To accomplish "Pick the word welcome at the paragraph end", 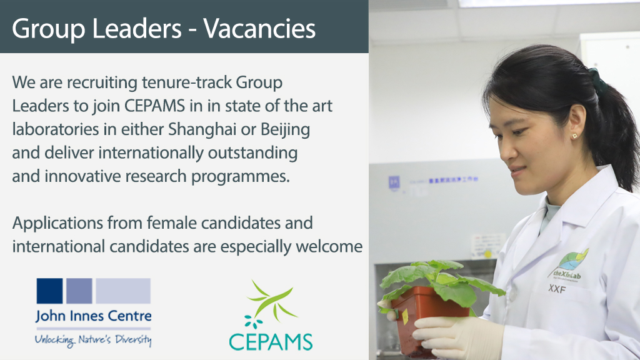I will [331, 246].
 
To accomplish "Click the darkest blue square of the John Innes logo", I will [49, 291].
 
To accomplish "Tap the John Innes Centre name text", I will [93, 316].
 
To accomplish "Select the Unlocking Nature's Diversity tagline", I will [93, 340].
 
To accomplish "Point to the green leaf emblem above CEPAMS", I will [271, 304].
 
